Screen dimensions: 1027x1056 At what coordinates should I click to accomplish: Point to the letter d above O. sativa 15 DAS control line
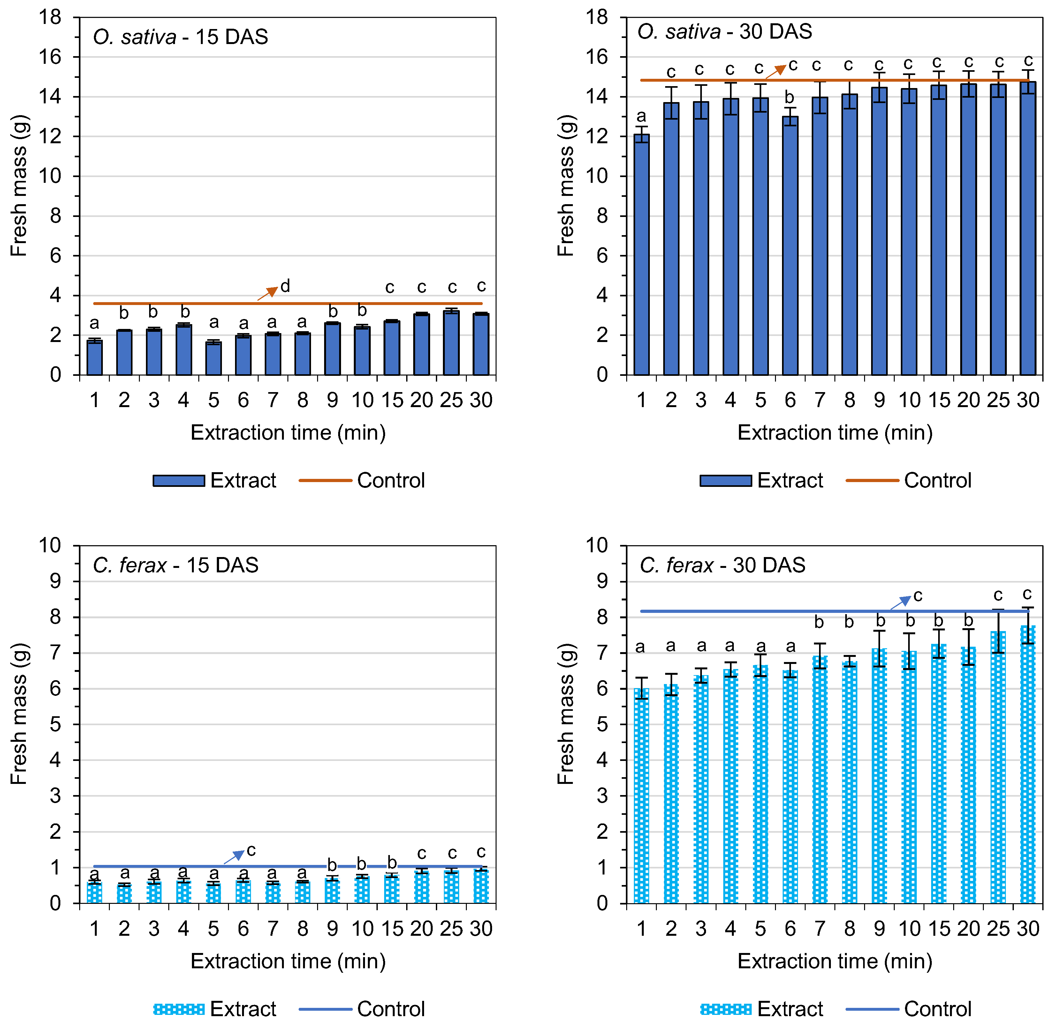pyautogui.click(x=285, y=286)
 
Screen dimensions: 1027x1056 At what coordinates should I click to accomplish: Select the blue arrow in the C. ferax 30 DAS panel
pyautogui.click(x=900, y=602)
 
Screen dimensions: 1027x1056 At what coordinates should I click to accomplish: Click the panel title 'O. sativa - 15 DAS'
pyautogui.click(x=180, y=37)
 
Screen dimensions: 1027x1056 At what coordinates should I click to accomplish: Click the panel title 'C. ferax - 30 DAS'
pyautogui.click(x=722, y=565)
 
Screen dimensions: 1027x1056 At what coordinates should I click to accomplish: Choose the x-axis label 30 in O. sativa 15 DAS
pyautogui.click(x=481, y=400)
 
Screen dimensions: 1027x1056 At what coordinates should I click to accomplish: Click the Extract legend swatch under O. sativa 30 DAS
pyautogui.click(x=725, y=480)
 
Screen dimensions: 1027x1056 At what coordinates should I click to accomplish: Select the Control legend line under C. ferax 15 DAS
pyautogui.click(x=325, y=1009)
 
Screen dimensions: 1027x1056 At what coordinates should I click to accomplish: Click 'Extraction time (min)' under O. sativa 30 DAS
pyautogui.click(x=835, y=433)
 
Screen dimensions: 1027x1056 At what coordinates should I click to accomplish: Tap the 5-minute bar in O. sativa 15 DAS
pyautogui.click(x=213, y=358)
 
